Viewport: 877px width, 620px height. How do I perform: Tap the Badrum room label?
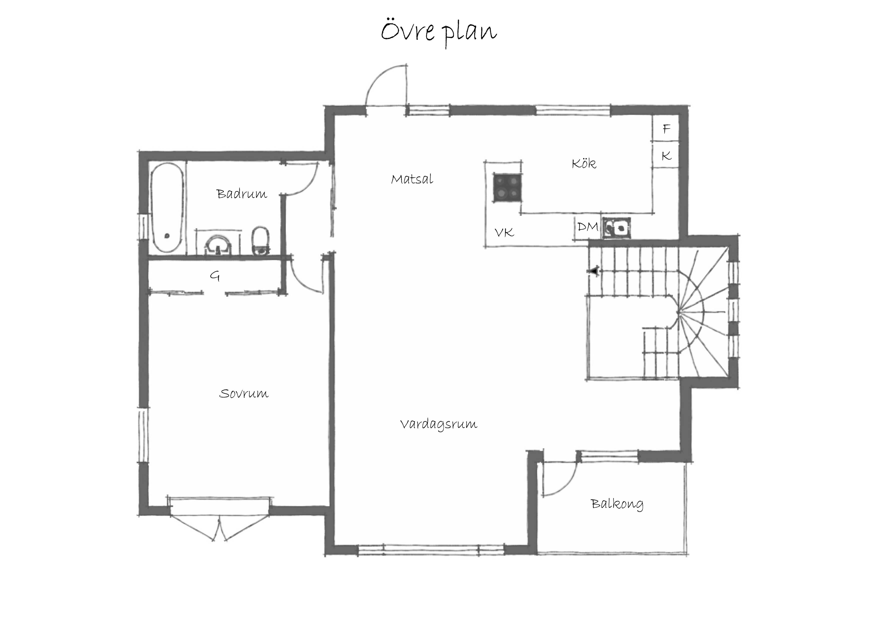(x=242, y=194)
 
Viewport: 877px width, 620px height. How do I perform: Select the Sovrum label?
(x=244, y=393)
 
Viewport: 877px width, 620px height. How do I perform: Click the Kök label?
(x=584, y=163)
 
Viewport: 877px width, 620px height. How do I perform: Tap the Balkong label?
(x=617, y=504)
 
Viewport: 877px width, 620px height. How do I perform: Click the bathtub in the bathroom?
(x=167, y=207)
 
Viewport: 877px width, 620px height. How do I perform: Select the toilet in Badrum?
(x=261, y=240)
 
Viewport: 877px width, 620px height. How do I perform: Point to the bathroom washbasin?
(x=218, y=245)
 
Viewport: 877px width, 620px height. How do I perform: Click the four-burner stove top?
(x=506, y=187)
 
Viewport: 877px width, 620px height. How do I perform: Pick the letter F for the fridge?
(x=666, y=129)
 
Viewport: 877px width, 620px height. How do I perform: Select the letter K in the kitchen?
(x=666, y=155)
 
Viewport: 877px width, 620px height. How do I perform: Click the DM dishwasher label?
(x=587, y=227)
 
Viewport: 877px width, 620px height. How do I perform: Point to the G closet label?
(x=215, y=276)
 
